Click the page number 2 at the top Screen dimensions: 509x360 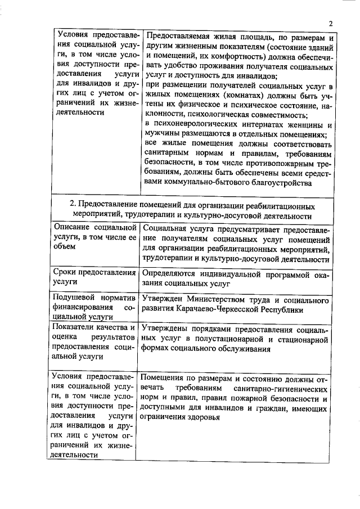(x=331, y=23)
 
